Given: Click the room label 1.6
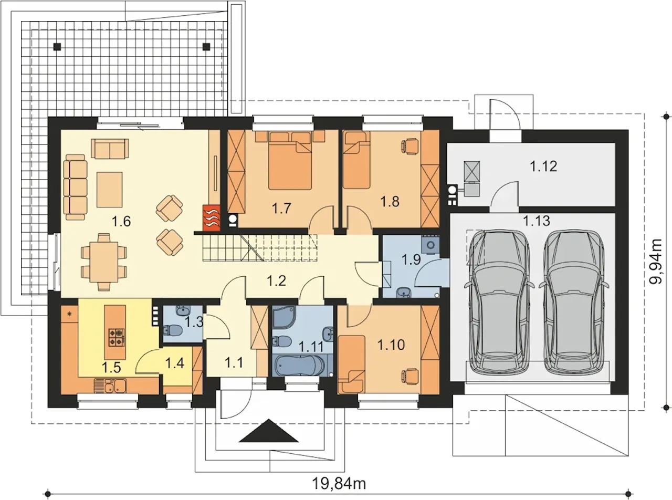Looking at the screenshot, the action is point(121,221).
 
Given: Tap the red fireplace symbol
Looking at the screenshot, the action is point(211,218).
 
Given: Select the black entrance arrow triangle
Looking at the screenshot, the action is point(268,431).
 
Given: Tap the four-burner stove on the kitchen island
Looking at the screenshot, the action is point(117,338).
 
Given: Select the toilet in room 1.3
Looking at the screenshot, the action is point(172,329).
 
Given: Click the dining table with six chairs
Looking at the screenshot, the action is point(103,262).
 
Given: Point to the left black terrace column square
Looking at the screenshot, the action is point(57,47).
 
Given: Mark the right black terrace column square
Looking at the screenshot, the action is point(206,47).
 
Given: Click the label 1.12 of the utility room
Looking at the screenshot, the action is point(543,166).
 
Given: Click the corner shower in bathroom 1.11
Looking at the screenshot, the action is point(284,318).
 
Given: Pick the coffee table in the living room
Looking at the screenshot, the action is point(110,190).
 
